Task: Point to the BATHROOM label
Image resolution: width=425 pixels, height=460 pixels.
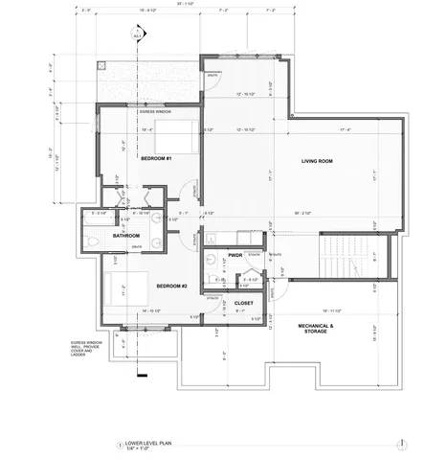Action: click(x=126, y=235)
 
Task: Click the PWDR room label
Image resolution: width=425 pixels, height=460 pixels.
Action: click(x=235, y=256)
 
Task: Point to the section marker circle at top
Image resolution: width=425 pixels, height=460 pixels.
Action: click(x=136, y=37)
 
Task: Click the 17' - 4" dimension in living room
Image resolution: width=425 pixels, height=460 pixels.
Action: click(x=315, y=129)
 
